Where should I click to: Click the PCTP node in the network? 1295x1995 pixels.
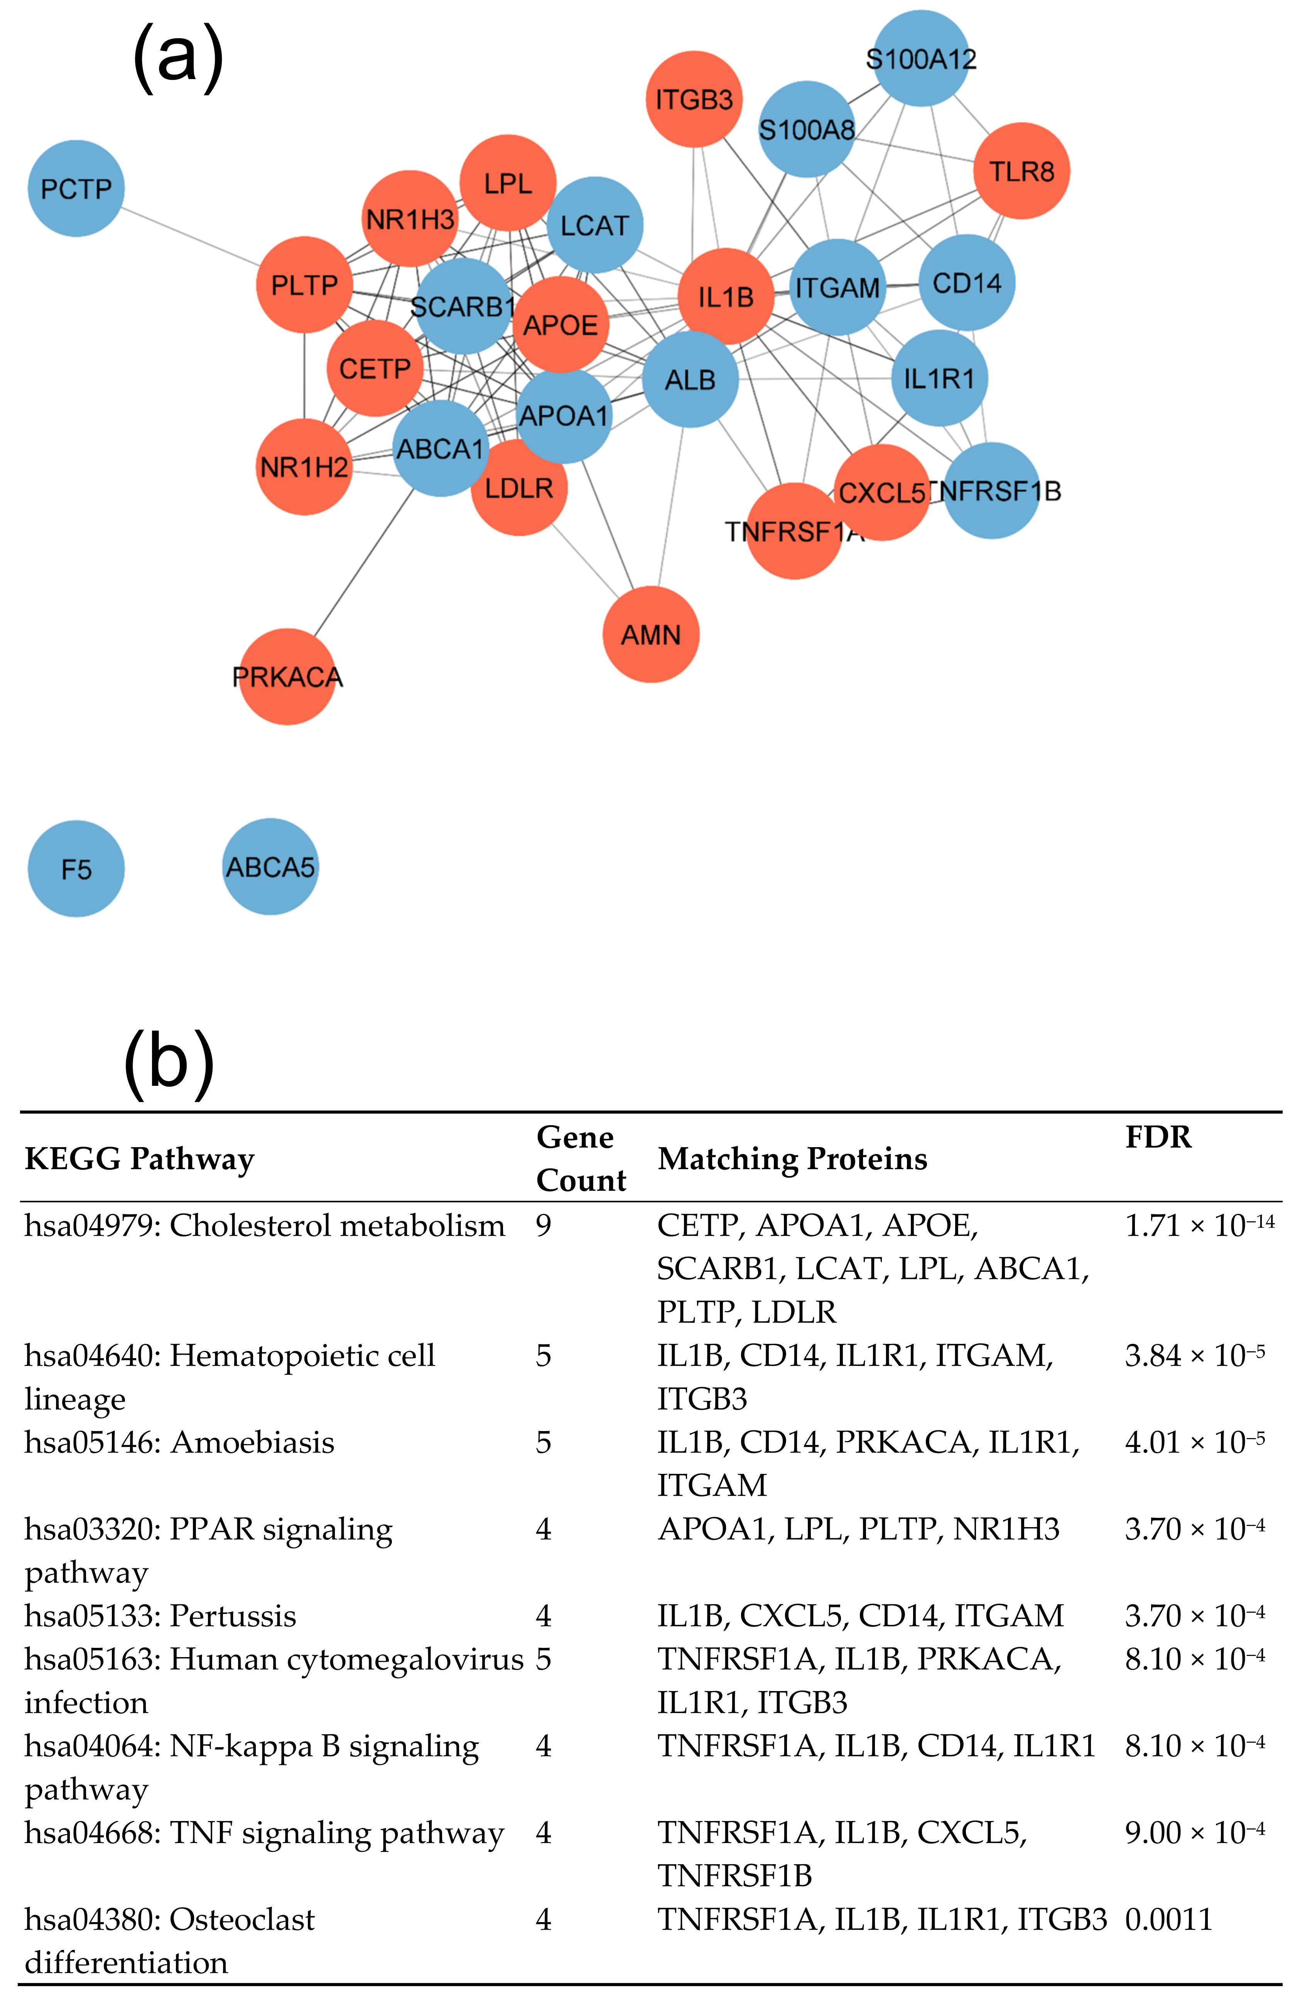tap(76, 189)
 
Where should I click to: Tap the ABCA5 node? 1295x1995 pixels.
tap(270, 867)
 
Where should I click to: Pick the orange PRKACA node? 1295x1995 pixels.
tap(287, 677)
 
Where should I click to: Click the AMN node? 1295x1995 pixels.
tap(650, 635)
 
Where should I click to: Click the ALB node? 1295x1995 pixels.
tap(690, 380)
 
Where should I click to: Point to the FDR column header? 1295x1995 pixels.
tap(1158, 1138)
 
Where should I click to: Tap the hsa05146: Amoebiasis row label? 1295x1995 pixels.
tap(179, 1443)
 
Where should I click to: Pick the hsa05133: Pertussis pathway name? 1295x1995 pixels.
tap(160, 1616)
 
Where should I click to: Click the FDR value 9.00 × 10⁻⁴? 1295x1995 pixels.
tap(1194, 1833)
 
